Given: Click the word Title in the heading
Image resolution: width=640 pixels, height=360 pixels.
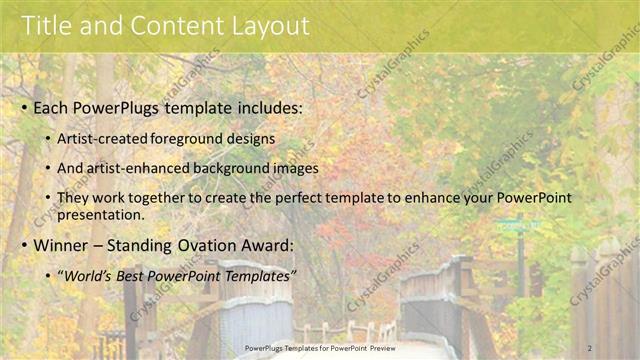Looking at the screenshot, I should click(x=48, y=25).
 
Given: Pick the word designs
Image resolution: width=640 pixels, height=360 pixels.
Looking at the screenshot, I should click(x=255, y=138).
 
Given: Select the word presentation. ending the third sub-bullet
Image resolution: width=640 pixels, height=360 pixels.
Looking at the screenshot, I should click(x=102, y=214).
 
